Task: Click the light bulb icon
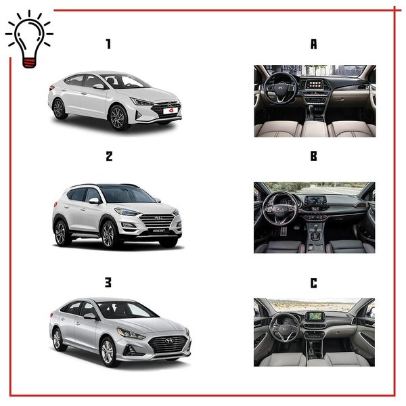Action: pos(29,39)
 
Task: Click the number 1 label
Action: pos(108,44)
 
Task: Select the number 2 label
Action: pos(109,156)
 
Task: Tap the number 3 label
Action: pos(108,282)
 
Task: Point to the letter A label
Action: pos(313,44)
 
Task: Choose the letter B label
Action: pos(313,156)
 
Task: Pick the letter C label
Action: pos(313,283)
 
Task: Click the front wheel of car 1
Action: pos(118,118)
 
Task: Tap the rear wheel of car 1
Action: pos(59,109)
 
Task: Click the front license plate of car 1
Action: pos(170,111)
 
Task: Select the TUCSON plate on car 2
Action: pos(158,231)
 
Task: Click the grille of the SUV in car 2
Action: pos(156,221)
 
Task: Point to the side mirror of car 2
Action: pos(94,201)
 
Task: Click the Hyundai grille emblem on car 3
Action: pos(168,341)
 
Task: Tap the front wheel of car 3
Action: pos(108,352)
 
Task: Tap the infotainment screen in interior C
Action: pos(315,317)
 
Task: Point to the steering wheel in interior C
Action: pos(284,328)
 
